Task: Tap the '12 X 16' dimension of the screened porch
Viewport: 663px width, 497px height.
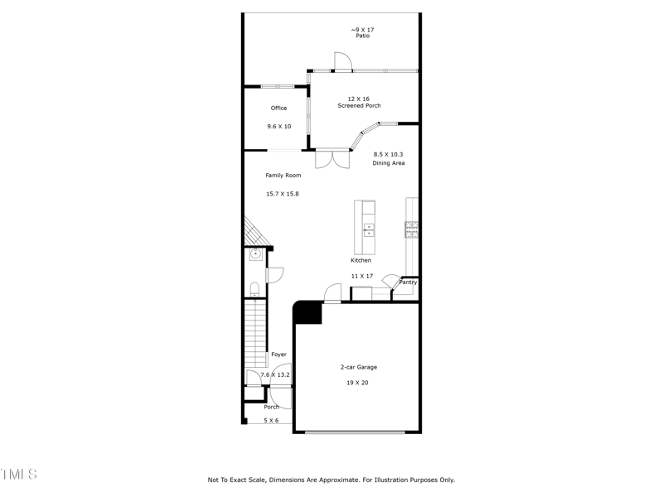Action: point(359,99)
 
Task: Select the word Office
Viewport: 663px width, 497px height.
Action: point(278,108)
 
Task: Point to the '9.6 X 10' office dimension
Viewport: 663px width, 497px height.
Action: point(278,127)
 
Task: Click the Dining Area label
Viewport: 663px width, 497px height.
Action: point(388,163)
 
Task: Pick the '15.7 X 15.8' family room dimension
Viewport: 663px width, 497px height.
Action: point(282,194)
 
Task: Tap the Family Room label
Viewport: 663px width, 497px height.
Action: point(283,176)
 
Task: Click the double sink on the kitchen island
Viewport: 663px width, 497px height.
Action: point(370,229)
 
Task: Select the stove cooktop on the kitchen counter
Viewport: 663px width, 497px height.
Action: point(411,229)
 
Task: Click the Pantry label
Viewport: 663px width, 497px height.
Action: point(408,282)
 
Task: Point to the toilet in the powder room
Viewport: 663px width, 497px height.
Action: point(255,289)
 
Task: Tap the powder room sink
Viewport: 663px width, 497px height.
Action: point(255,254)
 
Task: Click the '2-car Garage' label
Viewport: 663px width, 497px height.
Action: point(359,367)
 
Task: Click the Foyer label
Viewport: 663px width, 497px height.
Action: point(278,355)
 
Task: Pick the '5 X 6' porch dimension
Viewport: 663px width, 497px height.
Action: point(271,421)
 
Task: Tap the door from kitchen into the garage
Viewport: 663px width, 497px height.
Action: point(332,293)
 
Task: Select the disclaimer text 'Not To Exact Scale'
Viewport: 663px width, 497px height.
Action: point(240,480)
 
